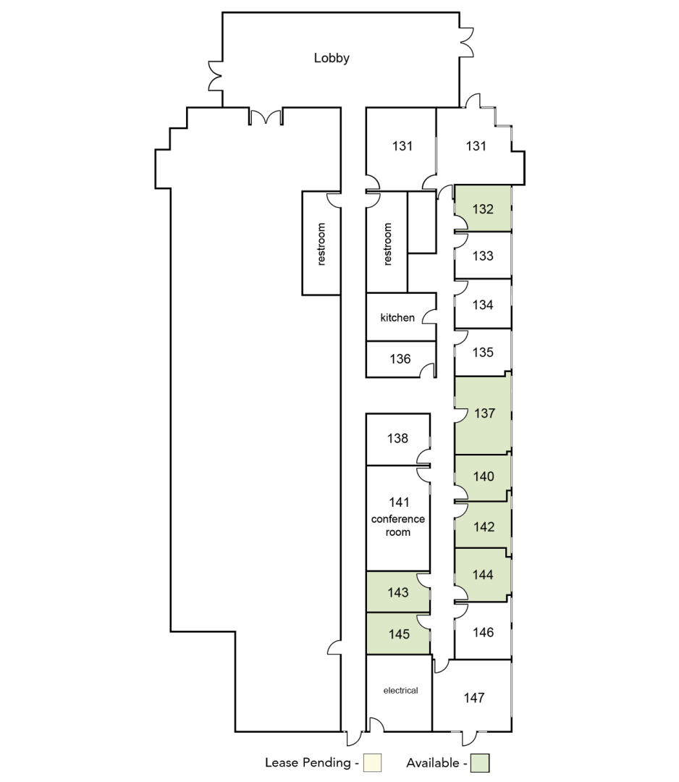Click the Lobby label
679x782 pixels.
332,59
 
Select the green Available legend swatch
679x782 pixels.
481,762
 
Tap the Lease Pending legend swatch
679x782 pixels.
372,762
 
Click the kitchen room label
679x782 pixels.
397,318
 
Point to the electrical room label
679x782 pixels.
401,690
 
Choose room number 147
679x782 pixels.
473,698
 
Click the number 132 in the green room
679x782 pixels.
483,209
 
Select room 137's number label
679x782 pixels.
484,413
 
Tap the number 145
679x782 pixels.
399,634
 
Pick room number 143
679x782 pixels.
398,592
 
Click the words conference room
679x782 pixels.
398,525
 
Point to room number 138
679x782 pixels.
397,438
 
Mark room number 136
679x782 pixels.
400,358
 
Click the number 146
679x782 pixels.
483,632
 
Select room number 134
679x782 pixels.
483,305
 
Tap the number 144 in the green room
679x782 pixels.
483,574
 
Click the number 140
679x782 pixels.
484,476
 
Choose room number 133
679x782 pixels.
483,256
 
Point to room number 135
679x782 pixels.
483,352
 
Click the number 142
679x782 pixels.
484,526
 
